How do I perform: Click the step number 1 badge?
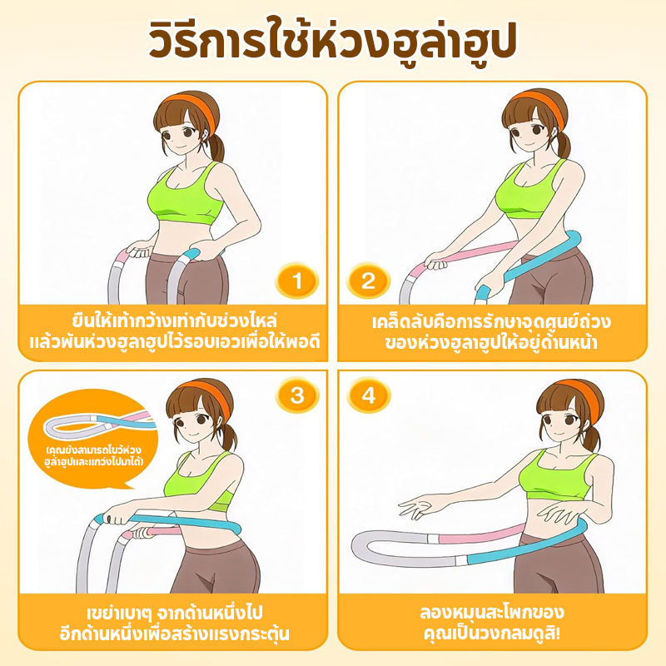point(297,281)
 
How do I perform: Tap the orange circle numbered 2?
point(368,281)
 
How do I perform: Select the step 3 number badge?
point(297,395)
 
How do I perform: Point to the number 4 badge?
point(368,395)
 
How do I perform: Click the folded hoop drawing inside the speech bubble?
point(97,424)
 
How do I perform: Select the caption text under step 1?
point(174,331)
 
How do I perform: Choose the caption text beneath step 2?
point(491,331)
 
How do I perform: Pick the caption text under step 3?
point(174,623)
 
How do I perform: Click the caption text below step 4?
point(492,623)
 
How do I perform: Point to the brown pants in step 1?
point(186,278)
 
